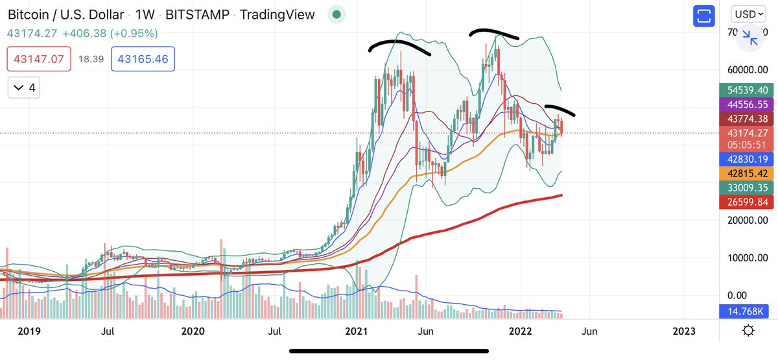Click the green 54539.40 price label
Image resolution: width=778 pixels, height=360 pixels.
coord(747,90)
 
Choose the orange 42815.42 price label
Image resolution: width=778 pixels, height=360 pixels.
coord(747,174)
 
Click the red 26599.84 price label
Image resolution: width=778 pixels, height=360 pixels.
coord(747,202)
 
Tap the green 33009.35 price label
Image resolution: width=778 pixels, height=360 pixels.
coord(747,188)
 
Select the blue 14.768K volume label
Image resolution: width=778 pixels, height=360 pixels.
coord(747,312)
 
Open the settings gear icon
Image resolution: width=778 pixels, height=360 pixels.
coord(748,331)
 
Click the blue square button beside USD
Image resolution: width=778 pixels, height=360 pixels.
coord(703,16)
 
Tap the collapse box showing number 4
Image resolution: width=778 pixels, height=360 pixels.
coord(23,87)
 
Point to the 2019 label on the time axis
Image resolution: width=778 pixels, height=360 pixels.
coord(29,331)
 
